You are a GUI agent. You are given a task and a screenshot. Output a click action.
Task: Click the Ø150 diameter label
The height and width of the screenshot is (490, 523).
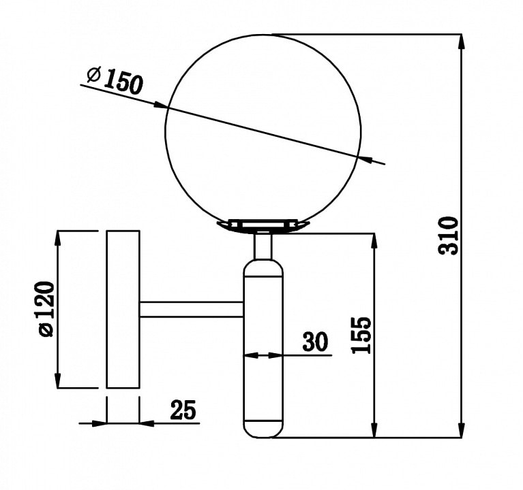[x=115, y=80]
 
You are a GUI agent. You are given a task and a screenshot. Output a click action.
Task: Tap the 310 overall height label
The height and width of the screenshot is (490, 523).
[x=449, y=235]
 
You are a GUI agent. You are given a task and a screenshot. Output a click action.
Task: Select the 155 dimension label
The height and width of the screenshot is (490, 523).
[x=361, y=335]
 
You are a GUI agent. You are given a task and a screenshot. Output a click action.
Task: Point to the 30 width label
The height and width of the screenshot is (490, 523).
[x=315, y=342]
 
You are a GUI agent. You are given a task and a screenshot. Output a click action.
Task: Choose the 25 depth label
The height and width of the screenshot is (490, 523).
[x=183, y=410]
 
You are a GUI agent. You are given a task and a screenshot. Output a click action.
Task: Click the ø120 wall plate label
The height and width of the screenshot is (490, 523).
[x=46, y=309]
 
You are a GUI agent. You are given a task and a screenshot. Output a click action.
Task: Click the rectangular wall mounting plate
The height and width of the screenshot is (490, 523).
[x=123, y=309]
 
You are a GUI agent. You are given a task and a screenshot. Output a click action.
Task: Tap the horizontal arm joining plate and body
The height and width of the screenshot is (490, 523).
[x=192, y=309]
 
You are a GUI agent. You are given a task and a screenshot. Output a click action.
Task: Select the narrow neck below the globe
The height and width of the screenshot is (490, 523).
[x=263, y=246]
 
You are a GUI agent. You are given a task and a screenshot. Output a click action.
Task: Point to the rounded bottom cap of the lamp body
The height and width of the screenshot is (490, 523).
[x=263, y=429]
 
